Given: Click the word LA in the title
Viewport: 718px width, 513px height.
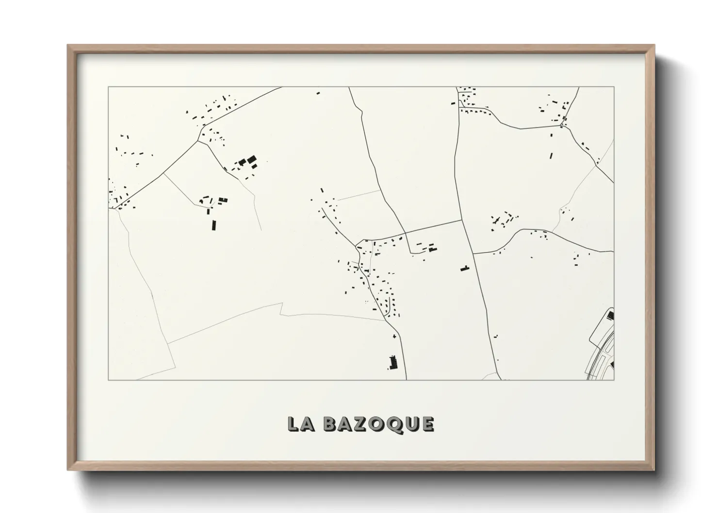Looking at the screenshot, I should click(x=300, y=424).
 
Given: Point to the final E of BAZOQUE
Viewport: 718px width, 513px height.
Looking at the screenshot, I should click(x=428, y=424).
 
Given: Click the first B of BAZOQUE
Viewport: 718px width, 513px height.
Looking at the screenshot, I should click(x=330, y=424).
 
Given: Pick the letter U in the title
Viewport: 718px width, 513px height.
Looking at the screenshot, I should click(x=412, y=424).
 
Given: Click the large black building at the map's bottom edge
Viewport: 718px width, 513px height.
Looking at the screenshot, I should click(x=393, y=362).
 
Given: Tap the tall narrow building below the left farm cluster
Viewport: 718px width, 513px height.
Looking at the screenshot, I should click(x=213, y=224).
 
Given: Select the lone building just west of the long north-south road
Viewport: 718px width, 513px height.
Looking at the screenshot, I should click(x=465, y=268).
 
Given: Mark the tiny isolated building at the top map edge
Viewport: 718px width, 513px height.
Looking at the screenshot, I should click(x=318, y=93).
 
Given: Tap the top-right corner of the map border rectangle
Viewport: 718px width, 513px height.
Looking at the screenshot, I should click(x=614, y=87).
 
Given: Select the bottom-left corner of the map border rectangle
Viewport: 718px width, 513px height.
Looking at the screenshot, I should click(x=108, y=380).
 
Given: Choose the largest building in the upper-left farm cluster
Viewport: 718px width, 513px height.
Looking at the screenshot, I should click(x=251, y=160).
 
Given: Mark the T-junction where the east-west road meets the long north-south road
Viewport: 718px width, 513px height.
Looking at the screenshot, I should click(x=461, y=221).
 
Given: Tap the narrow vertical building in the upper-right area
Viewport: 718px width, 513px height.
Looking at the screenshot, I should click(x=551, y=156).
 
